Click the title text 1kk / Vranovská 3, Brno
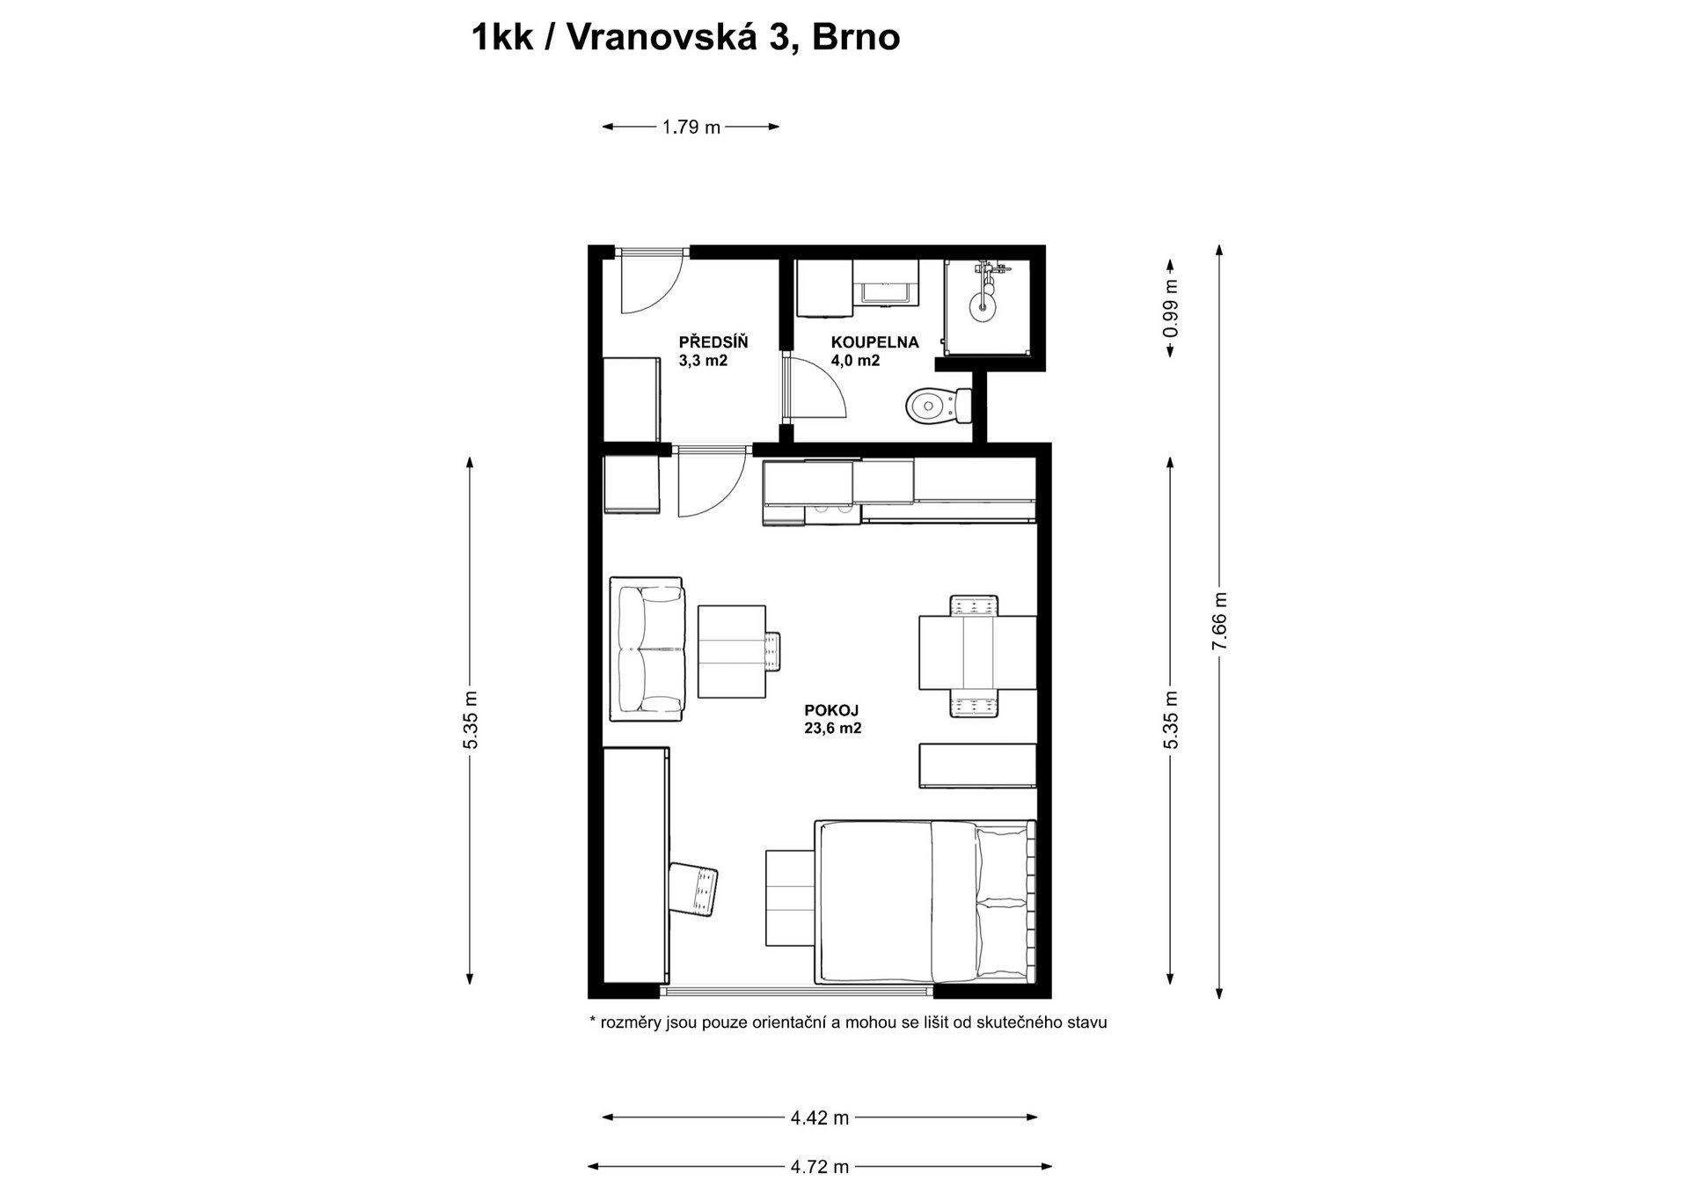[685, 38]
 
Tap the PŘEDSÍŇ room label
[713, 342]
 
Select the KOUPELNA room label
[874, 342]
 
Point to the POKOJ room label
[831, 710]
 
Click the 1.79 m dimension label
[691, 127]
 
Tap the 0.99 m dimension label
[1170, 308]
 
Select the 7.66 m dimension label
[1219, 622]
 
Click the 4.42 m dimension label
[820, 1118]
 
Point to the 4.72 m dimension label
[820, 1168]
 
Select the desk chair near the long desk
[694, 889]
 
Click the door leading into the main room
[713, 486]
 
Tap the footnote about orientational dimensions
[848, 1023]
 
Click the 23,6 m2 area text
[831, 728]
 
